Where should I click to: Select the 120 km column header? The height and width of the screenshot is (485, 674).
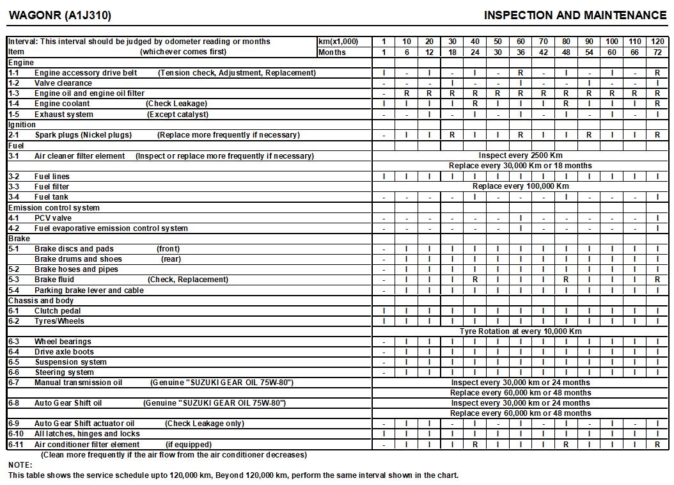(657, 42)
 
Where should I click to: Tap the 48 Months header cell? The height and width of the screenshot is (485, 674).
(566, 52)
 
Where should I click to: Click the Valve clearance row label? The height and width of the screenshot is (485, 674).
(63, 83)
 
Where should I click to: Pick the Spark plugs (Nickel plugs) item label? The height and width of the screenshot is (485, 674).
(83, 135)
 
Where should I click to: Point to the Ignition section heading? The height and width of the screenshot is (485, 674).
(22, 125)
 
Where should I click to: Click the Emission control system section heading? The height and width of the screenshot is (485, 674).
(54, 207)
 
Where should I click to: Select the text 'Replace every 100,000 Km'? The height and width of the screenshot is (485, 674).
(520, 186)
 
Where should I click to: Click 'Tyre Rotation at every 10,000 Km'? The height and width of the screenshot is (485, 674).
(521, 331)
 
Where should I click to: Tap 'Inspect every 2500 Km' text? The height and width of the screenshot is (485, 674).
(521, 155)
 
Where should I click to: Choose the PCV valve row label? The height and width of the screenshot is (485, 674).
(53, 218)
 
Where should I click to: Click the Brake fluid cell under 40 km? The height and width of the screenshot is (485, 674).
(475, 280)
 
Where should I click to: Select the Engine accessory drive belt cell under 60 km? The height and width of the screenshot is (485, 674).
(521, 73)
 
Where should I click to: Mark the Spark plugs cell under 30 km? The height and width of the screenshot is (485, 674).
(452, 135)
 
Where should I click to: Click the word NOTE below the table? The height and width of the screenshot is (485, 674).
(20, 465)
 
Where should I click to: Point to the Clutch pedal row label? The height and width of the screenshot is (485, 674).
(58, 311)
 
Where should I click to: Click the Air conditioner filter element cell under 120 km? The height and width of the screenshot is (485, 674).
(657, 444)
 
